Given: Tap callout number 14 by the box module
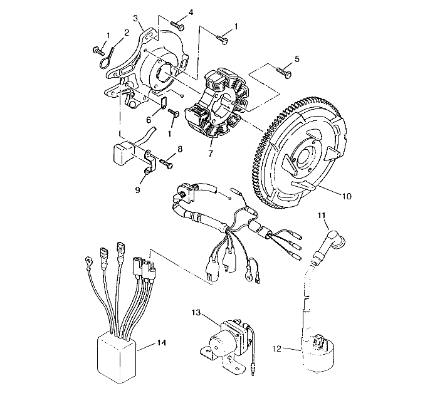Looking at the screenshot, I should (161, 343).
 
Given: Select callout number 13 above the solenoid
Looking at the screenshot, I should (196, 311).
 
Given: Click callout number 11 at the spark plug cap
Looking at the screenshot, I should (322, 216).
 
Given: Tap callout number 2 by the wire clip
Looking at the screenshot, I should (127, 32).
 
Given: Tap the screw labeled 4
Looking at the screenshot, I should (180, 26).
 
